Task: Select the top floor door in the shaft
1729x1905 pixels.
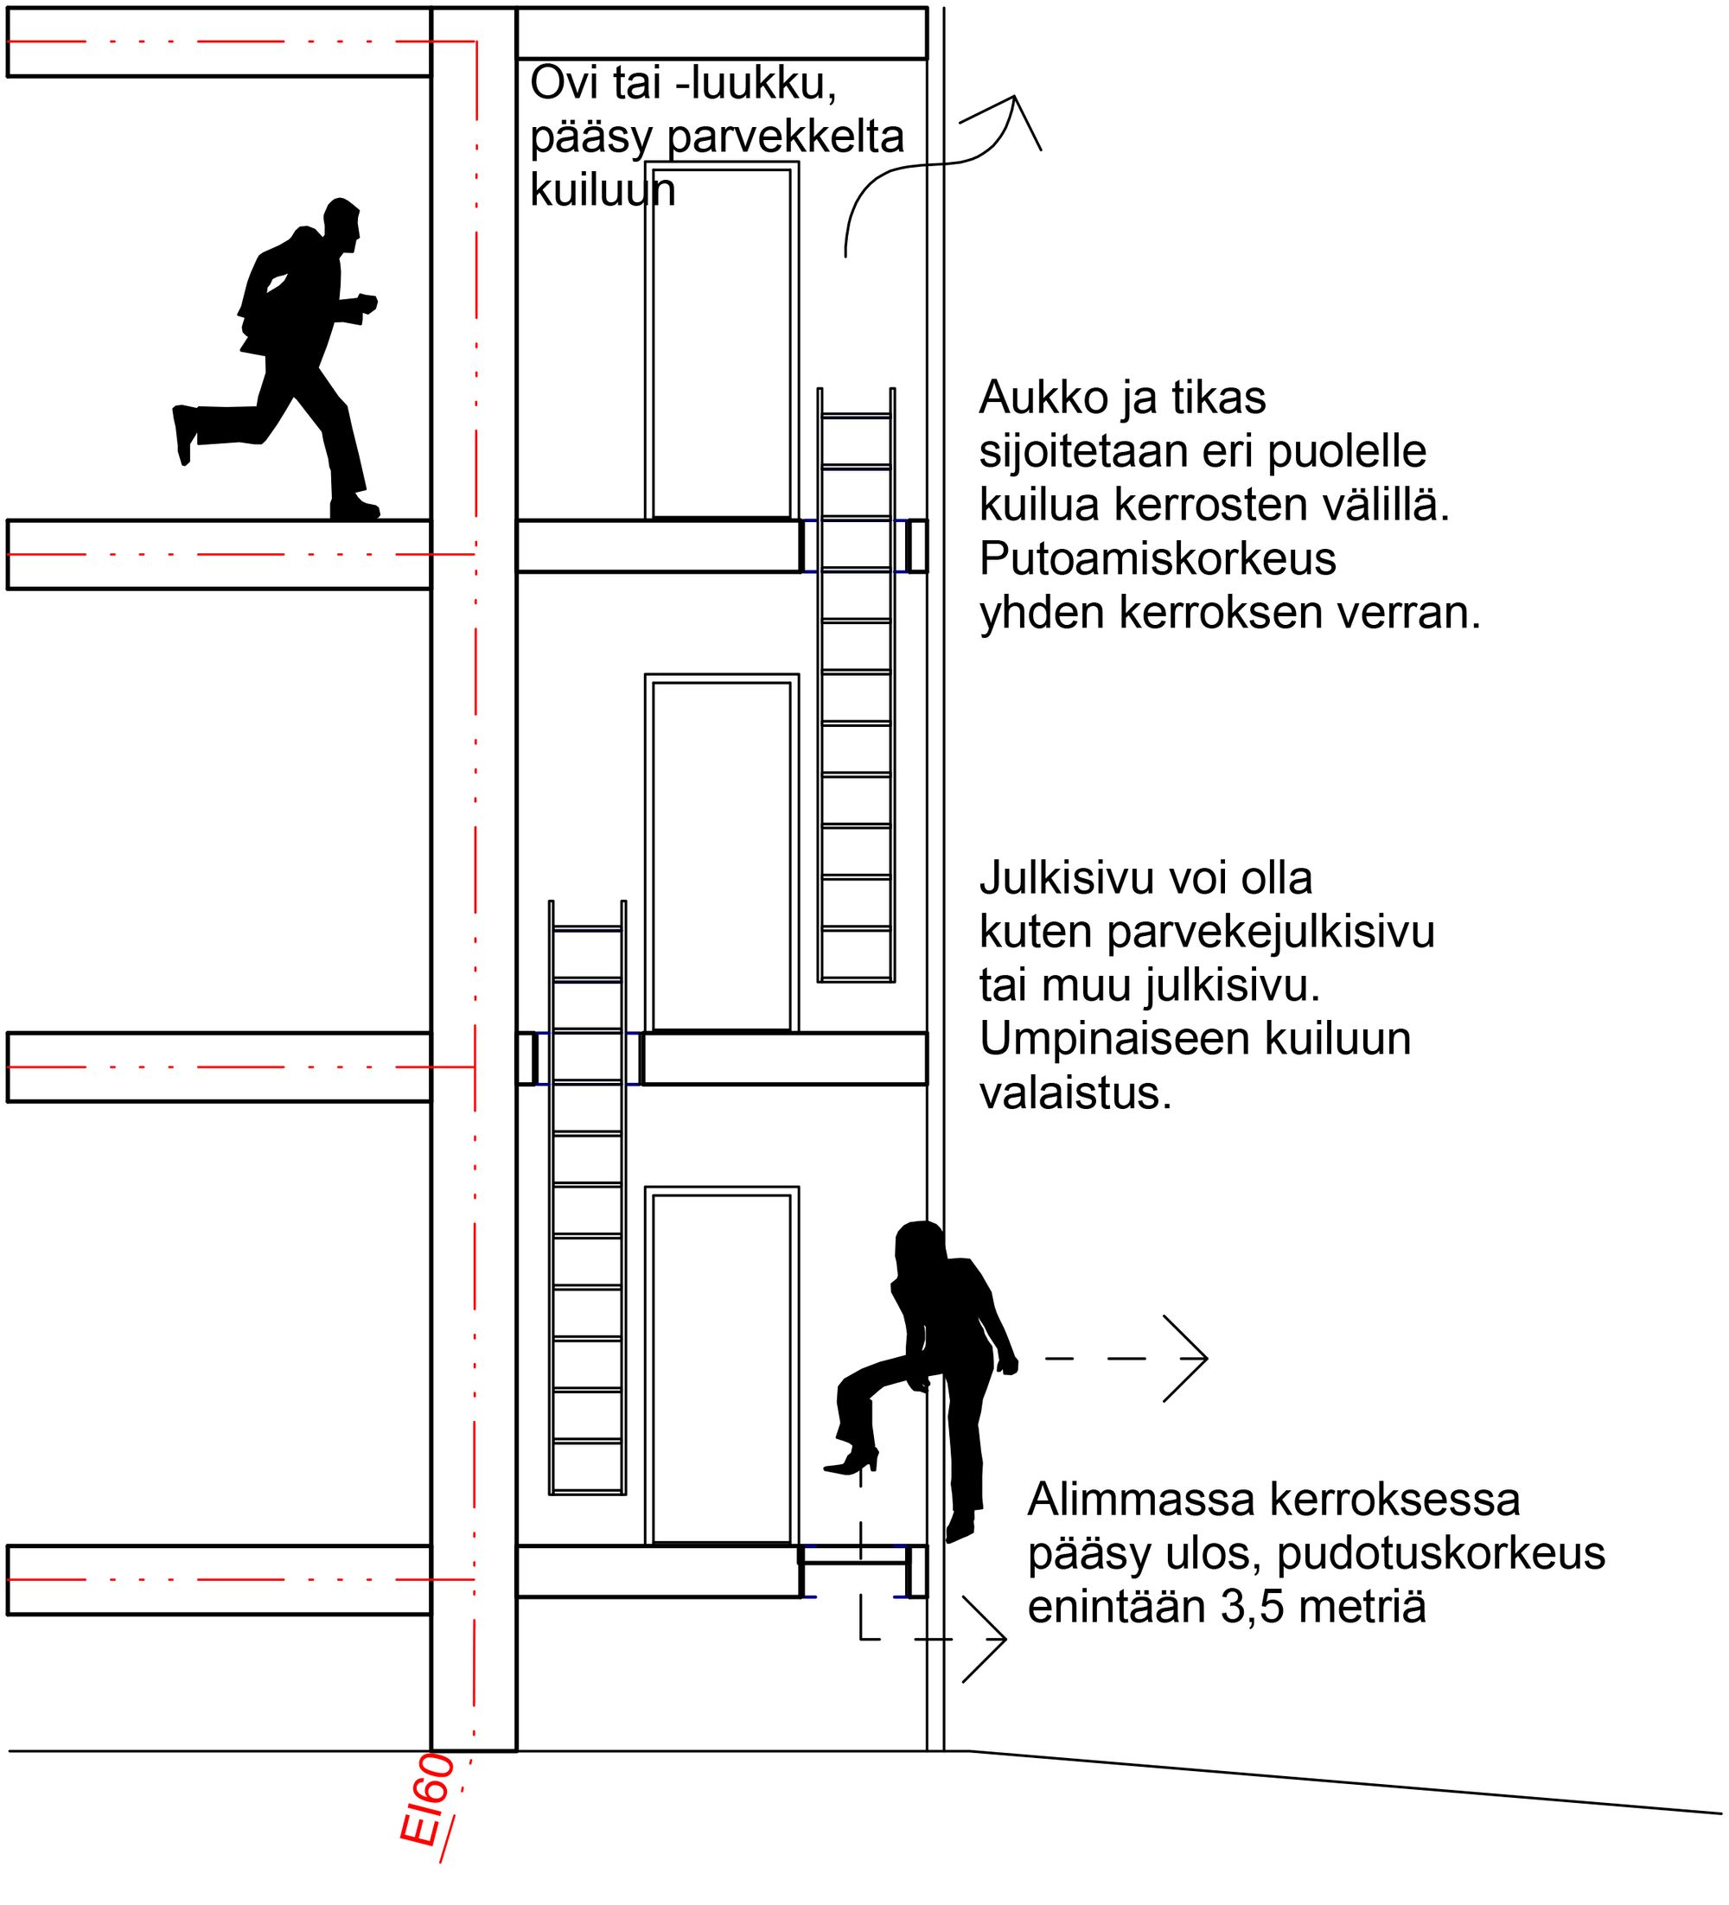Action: pos(721,342)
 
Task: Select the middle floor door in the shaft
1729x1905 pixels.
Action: pos(721,854)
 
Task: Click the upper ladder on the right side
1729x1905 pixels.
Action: pos(856,686)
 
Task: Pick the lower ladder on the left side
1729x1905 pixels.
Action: pos(587,1198)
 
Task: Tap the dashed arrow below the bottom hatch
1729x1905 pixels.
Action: pos(954,1639)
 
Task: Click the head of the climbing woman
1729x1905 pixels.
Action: pos(920,1245)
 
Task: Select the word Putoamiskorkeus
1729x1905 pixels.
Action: pos(1157,558)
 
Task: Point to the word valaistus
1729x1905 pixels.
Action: pos(1075,1093)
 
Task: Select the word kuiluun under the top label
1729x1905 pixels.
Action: pos(603,190)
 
